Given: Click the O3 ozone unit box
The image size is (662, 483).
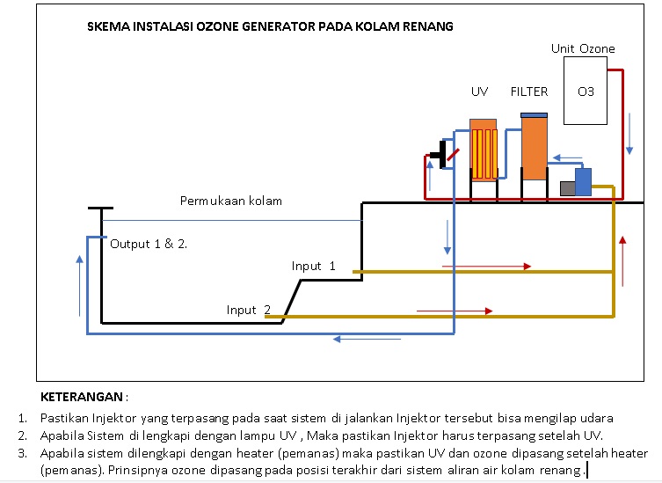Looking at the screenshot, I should point(585,91).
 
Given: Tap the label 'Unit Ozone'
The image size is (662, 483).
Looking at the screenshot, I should point(583,48).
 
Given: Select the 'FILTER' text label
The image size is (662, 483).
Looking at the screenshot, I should point(528,91).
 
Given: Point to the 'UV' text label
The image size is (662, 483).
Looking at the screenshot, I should point(479,91).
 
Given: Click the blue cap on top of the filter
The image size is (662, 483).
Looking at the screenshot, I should point(534,115).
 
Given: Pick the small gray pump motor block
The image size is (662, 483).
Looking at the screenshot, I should point(567,188).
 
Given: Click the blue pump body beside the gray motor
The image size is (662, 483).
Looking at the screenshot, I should point(583,182).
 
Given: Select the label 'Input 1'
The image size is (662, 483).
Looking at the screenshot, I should point(314,266).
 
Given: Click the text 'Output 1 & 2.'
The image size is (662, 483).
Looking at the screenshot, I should point(149,244).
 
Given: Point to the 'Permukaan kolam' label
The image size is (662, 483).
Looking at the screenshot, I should point(231,201).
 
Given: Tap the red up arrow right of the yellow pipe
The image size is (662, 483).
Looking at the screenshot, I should point(622,260).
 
